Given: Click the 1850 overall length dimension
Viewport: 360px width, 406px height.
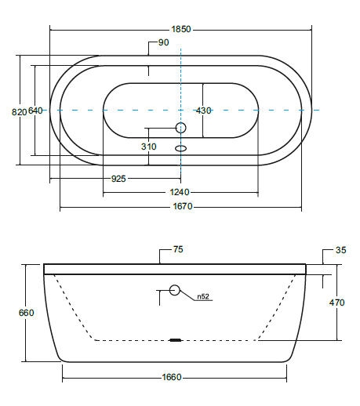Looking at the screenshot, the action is coord(181,29).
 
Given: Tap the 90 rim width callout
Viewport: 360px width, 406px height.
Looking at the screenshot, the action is coord(163,42).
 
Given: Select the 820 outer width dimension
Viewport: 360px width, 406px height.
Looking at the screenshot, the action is coord(19,112).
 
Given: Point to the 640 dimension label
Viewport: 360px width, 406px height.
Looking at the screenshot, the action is coord(35,111).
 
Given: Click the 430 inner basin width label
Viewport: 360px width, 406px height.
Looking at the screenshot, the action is coord(204,111).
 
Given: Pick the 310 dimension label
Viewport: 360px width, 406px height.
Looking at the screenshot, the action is coord(149,147).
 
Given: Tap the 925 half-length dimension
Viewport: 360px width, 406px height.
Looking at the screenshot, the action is coord(118,179).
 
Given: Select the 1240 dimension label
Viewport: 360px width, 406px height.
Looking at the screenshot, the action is coord(180,192).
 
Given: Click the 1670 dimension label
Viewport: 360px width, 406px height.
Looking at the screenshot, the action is coord(183,206).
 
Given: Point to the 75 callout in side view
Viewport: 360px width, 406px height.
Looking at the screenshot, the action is coord(178,249).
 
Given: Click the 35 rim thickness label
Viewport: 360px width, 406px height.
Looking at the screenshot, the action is coord(340,250).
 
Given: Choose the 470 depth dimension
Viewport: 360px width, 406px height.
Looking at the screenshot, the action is coord(336,303).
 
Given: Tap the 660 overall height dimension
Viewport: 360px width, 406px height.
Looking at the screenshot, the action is coord(27,313).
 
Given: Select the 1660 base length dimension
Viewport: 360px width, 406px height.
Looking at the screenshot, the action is coord(172,377).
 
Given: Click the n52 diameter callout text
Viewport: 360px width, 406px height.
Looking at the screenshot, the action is coord(203,296).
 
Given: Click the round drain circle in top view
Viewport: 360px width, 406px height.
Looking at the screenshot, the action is coord(180,128).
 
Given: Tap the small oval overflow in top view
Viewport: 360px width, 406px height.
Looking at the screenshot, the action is coord(180,148).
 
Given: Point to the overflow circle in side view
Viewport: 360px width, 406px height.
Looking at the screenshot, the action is coord(175,290).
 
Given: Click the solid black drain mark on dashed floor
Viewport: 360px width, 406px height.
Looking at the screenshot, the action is coord(175,340).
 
